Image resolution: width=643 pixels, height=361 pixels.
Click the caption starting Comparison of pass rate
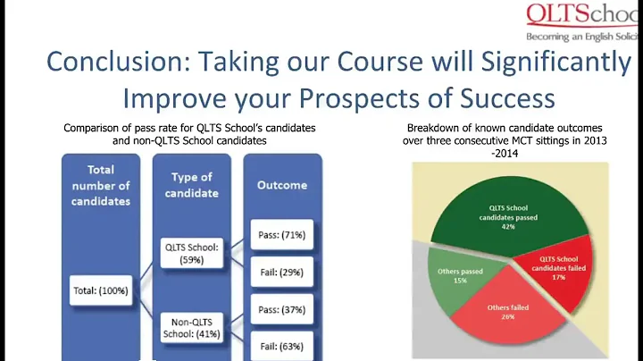189,134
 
